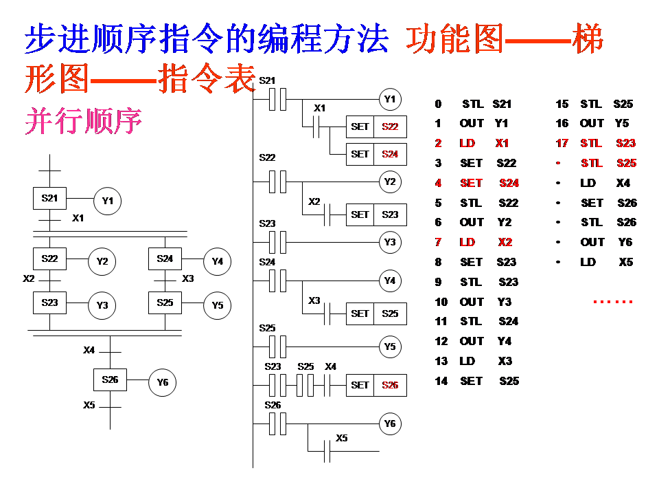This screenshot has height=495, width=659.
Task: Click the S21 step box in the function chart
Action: click(49, 199)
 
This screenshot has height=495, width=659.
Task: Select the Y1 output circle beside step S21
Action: click(107, 201)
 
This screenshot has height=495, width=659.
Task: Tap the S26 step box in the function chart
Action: click(111, 379)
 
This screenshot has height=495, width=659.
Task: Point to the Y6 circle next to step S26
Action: click(163, 382)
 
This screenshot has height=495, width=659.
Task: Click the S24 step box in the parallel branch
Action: click(165, 259)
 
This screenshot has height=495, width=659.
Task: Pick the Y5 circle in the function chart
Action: click(218, 305)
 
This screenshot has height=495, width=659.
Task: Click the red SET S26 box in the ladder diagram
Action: click(376, 385)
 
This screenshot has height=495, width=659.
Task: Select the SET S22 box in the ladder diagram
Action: click(376, 126)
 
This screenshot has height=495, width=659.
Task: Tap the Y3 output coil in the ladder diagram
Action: click(390, 242)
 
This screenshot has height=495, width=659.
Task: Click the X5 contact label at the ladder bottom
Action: click(341, 438)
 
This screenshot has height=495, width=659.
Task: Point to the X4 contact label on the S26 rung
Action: click(331, 366)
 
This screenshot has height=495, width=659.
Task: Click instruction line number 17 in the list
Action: click(562, 143)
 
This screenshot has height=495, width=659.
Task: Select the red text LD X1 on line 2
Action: click(484, 143)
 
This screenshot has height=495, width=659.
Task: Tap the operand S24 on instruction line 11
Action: click(509, 321)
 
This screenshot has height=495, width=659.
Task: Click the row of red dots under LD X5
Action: click(612, 302)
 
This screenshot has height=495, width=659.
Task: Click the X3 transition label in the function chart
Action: click(188, 278)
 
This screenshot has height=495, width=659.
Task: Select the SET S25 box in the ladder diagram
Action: click(376, 313)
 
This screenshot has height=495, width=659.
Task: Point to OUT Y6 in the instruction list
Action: click(606, 242)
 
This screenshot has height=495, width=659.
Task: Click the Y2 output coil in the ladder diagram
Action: click(390, 182)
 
